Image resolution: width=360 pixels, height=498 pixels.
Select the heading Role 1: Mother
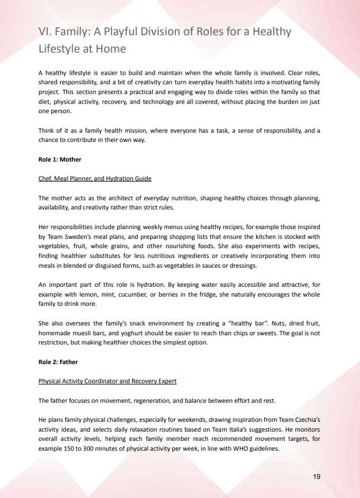(59, 159)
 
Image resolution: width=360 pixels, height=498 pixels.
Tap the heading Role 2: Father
(58, 362)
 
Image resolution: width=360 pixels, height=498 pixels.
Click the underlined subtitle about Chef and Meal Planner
(95, 178)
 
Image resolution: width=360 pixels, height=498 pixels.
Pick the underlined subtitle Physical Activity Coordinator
(107, 381)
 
